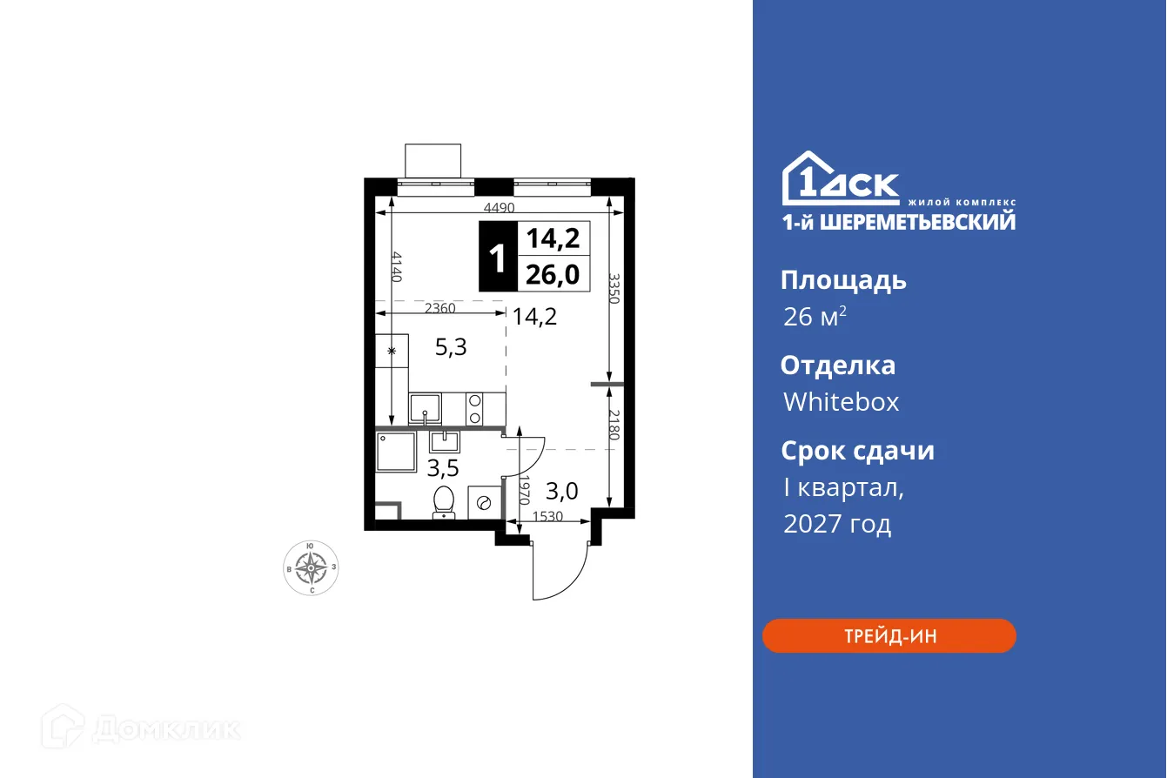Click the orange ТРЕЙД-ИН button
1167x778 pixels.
point(889,636)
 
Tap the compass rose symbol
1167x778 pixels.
point(311,567)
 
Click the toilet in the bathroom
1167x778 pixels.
point(444,501)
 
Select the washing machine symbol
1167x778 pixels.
point(484,502)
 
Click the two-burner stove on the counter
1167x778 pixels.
point(475,406)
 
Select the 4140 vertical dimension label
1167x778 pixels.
point(397,266)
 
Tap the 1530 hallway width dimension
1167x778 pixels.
point(547,517)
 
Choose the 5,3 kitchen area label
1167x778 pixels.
point(451,348)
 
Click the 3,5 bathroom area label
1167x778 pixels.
point(443,470)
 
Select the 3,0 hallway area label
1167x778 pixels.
point(561,492)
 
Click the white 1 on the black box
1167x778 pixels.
point(498,258)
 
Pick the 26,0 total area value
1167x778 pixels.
point(553,275)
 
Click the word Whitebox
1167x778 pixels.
point(841,402)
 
